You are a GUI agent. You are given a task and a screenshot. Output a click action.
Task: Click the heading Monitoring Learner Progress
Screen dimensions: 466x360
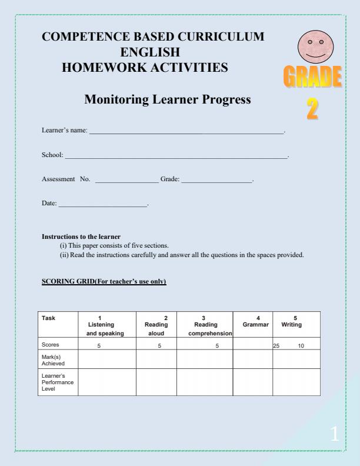coord(168,99)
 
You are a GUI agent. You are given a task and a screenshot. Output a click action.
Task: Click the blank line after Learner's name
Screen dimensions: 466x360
coord(186,134)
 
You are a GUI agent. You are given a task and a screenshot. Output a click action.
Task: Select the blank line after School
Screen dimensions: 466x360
coord(176,157)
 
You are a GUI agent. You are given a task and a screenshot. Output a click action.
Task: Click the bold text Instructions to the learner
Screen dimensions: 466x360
coord(81,237)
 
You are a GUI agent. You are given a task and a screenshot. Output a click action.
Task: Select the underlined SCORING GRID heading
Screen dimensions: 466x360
coord(104,282)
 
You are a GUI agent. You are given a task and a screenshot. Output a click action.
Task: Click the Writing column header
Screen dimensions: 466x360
coord(293,322)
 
